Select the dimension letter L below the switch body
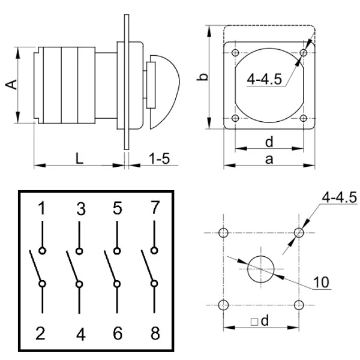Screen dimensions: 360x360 click(x=79, y=157)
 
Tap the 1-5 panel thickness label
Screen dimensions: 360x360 click(x=159, y=158)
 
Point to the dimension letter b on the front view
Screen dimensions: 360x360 click(x=203, y=77)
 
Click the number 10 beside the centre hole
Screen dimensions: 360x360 click(x=323, y=282)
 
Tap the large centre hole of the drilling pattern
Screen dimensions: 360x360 click(x=261, y=269)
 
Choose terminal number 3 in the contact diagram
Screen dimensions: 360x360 click(x=80, y=209)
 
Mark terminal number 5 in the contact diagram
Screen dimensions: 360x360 click(x=117, y=208)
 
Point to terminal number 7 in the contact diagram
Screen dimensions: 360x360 click(x=155, y=208)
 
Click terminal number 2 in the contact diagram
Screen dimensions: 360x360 click(x=41, y=333)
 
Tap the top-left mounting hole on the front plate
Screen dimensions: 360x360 click(x=235, y=52)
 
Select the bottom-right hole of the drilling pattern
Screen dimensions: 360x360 click(x=299, y=305)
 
